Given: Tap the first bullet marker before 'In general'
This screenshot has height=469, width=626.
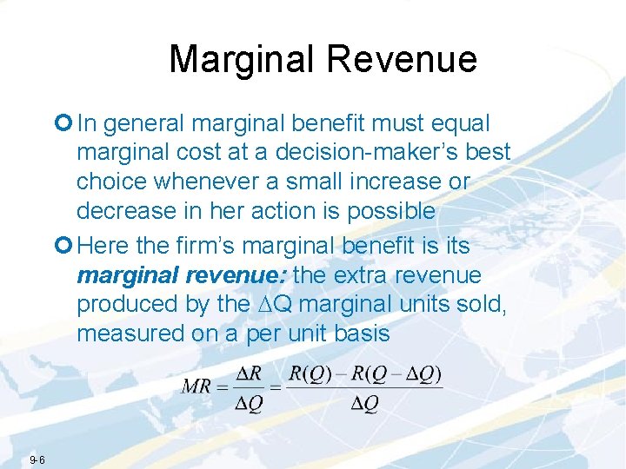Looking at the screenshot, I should click(66, 124).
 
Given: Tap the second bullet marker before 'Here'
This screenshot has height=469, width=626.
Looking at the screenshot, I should click(66, 247).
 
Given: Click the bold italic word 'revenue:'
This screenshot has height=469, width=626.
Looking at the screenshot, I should click(239, 275).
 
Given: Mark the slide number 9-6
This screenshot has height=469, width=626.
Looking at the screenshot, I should click(37, 459).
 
